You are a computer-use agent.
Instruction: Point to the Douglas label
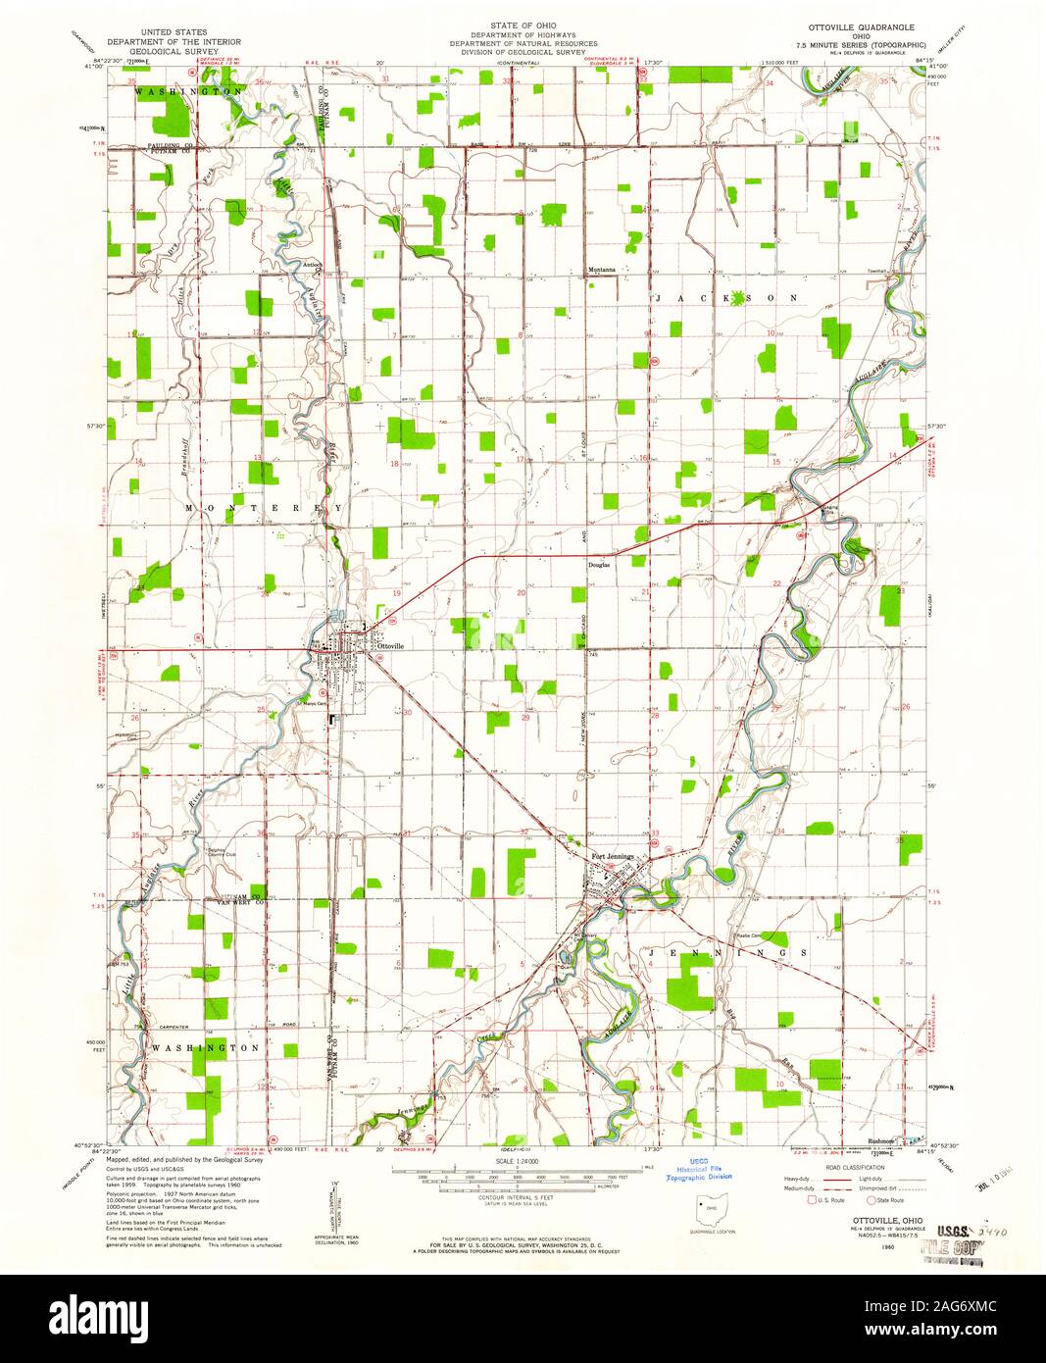[599, 566]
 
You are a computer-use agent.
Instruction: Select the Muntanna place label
[601, 270]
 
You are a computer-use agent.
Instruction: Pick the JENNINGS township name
[726, 952]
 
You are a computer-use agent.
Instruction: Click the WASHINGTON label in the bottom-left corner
[203, 1047]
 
